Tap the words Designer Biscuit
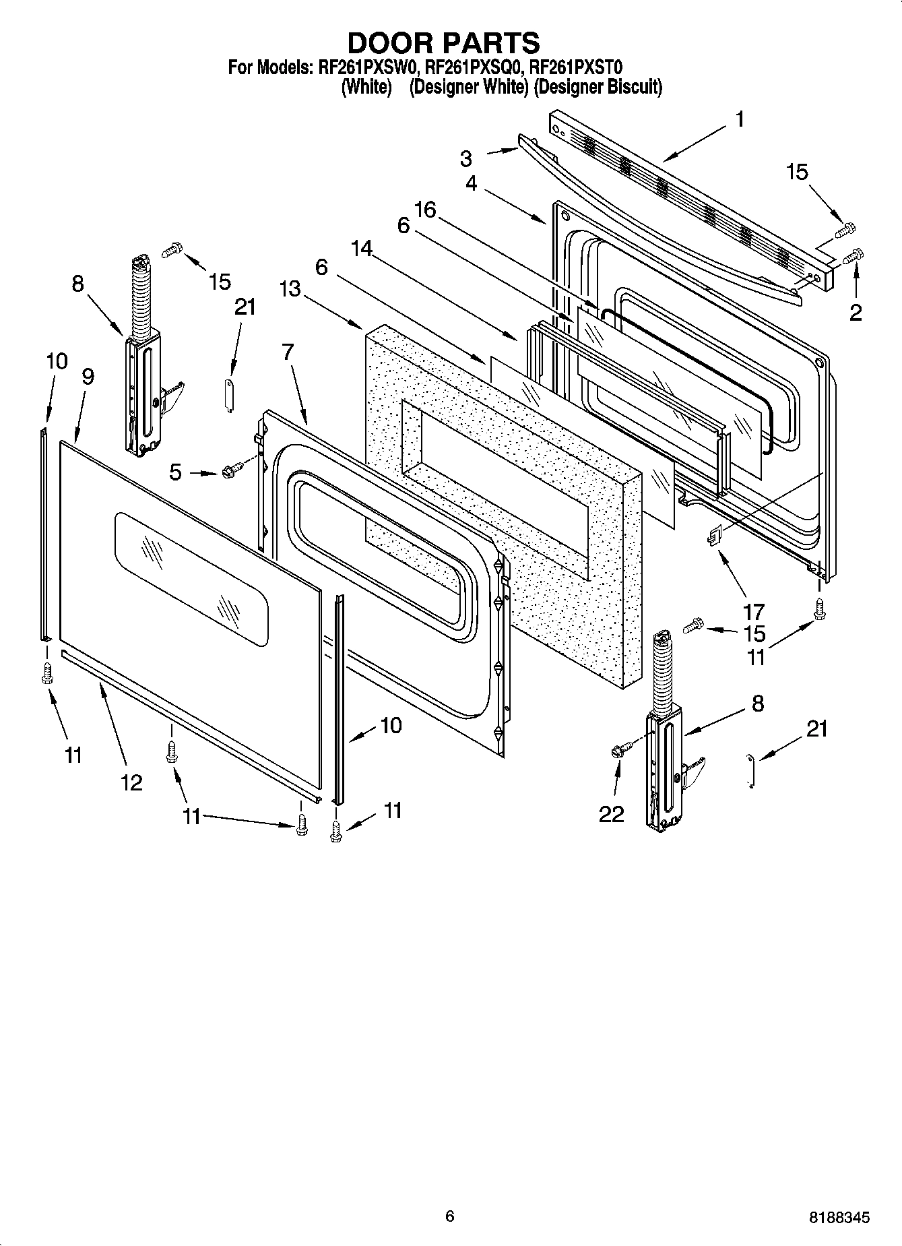click(x=598, y=87)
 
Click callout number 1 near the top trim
click(x=740, y=120)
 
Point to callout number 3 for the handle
click(x=466, y=159)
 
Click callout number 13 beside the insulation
click(x=290, y=288)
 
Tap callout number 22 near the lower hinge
click(x=612, y=814)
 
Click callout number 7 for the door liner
click(x=288, y=352)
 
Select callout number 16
click(x=426, y=210)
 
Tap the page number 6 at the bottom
click(x=449, y=1216)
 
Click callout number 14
click(x=362, y=249)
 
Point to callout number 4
click(x=471, y=183)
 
